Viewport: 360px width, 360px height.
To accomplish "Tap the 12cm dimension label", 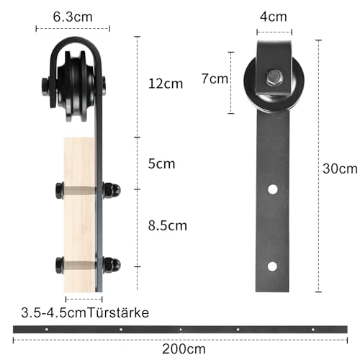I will pyautogui.click(x=164, y=84).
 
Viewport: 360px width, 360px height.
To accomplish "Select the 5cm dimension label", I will pyautogui.click(x=161, y=163).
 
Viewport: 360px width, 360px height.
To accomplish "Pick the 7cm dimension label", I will pyautogui.click(x=214, y=78).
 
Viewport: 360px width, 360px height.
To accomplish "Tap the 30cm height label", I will pyautogui.click(x=340, y=169).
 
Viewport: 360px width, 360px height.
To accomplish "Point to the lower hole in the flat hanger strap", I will pyautogui.click(x=272, y=266).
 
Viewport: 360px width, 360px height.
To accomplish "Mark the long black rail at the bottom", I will pyautogui.click(x=179, y=330).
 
